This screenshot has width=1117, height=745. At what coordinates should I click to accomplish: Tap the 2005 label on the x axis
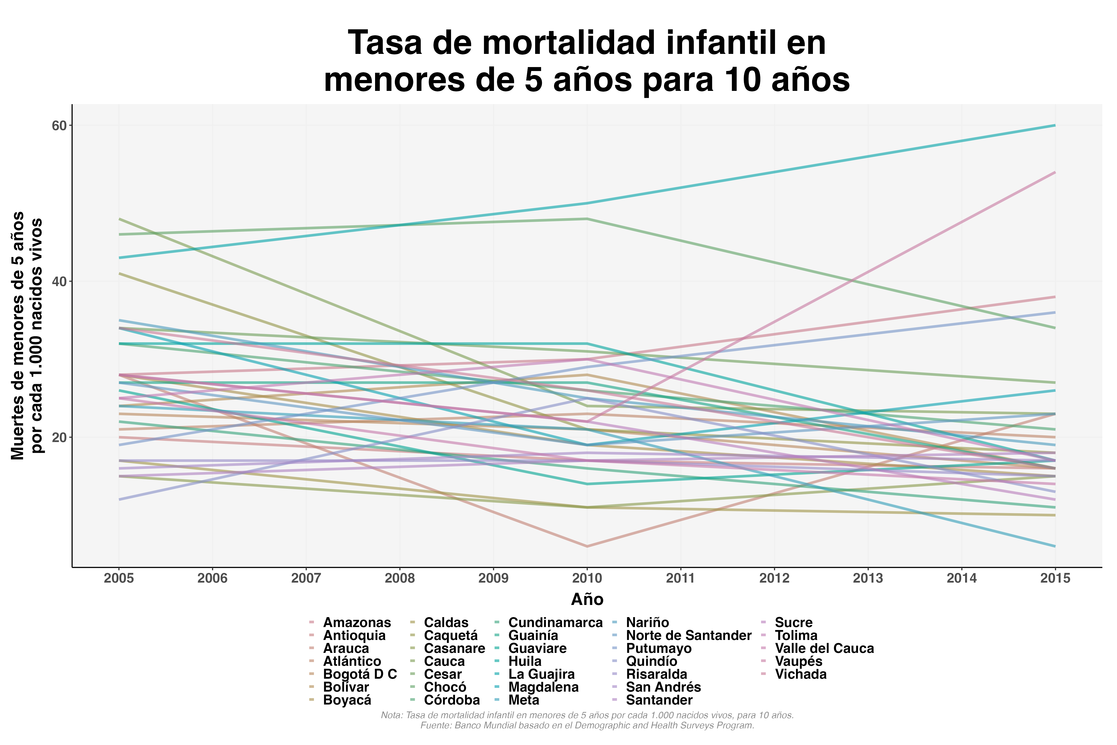119,578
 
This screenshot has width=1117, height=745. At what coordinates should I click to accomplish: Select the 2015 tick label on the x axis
1055,578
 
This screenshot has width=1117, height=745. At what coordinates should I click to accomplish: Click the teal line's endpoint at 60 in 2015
1055,125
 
